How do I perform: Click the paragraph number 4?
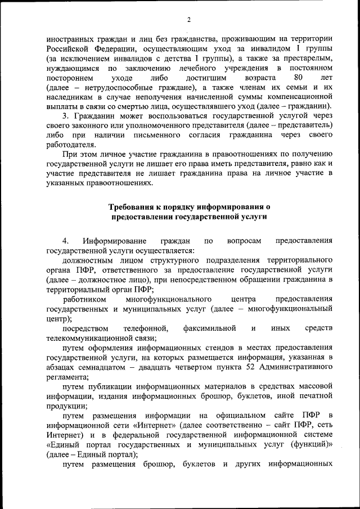click(x=65, y=241)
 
